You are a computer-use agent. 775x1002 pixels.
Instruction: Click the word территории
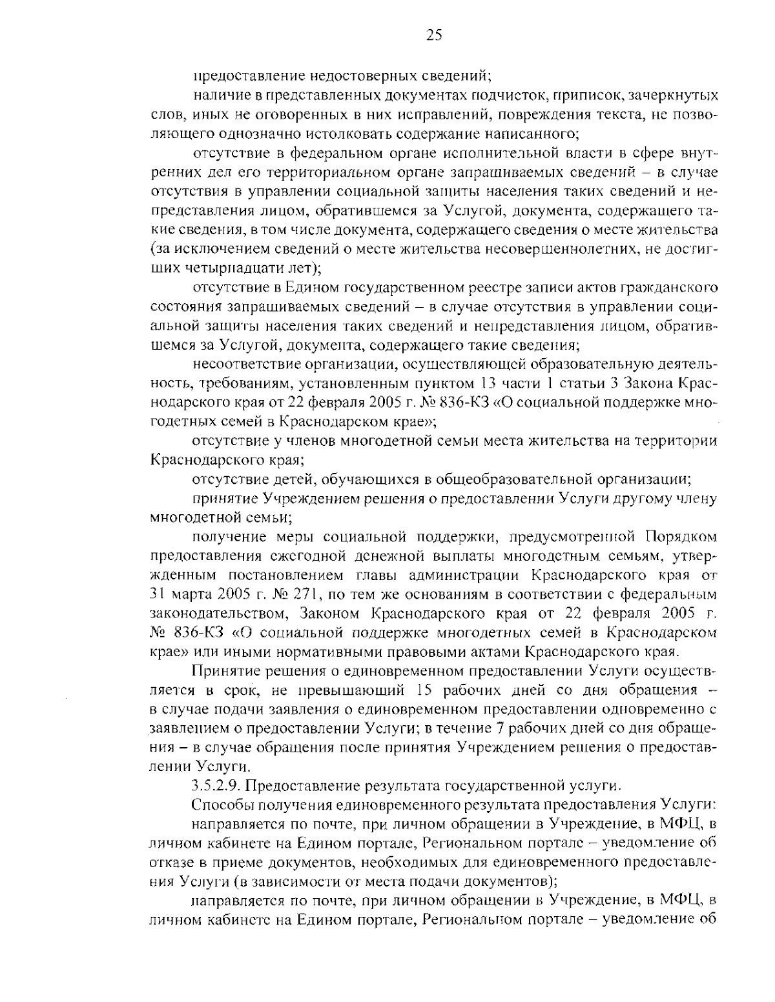(x=677, y=441)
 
